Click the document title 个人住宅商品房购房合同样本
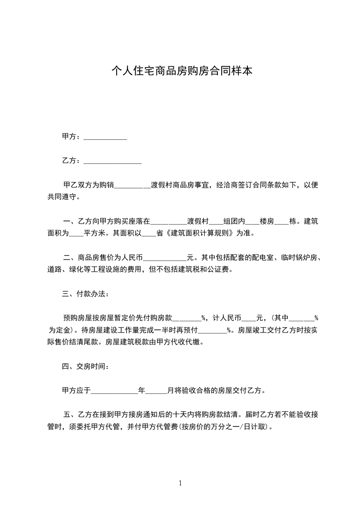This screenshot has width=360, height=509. (x=182, y=71)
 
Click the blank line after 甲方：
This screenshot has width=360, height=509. (x=105, y=137)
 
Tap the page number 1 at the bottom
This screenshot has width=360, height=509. (x=180, y=483)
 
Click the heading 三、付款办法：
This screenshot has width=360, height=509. (x=85, y=294)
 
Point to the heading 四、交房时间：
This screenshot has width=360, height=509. (x=85, y=366)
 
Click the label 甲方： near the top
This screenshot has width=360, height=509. (x=72, y=137)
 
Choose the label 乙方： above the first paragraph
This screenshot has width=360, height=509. (x=72, y=161)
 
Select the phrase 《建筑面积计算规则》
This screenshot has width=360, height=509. (x=199, y=234)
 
